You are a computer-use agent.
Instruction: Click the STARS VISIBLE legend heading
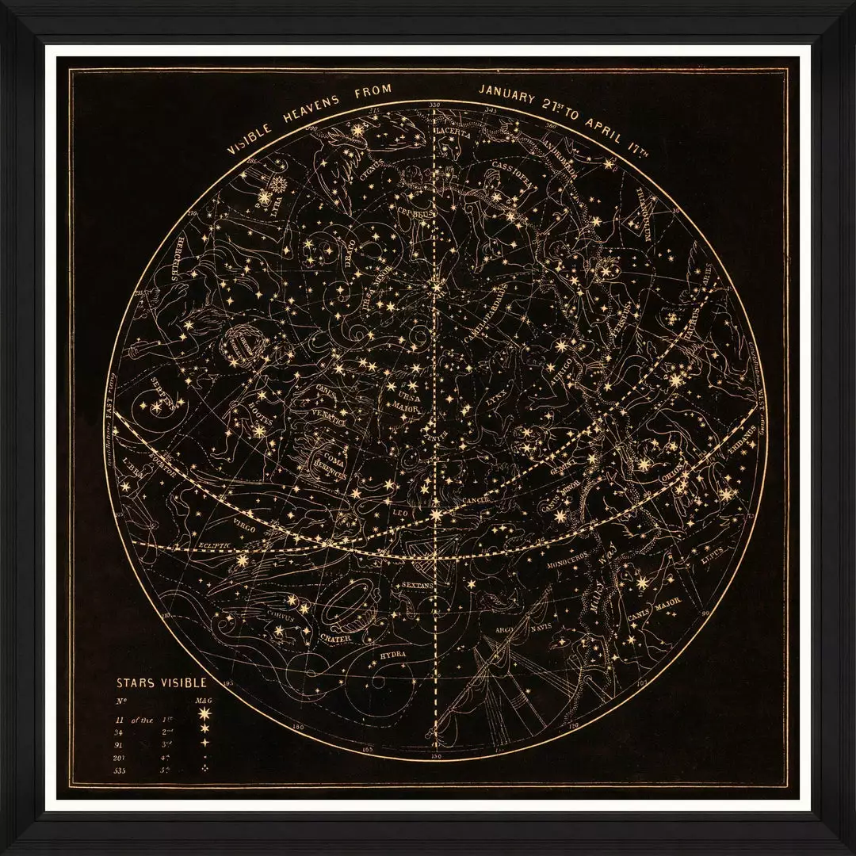162,682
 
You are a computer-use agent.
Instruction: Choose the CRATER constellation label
335,636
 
